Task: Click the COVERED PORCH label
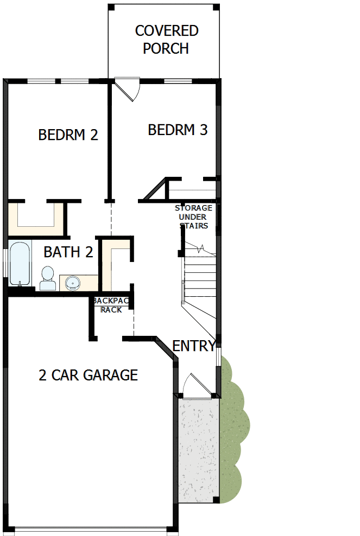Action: click(x=166, y=40)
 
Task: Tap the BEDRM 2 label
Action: click(x=68, y=135)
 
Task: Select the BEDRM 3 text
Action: click(x=178, y=130)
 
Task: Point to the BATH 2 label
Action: click(x=68, y=252)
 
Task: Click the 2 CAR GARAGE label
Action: click(x=88, y=375)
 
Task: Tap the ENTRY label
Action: click(x=193, y=346)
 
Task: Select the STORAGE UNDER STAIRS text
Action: click(x=193, y=217)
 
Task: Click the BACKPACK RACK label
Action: click(x=111, y=305)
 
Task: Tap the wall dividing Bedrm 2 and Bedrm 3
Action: click(x=109, y=141)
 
